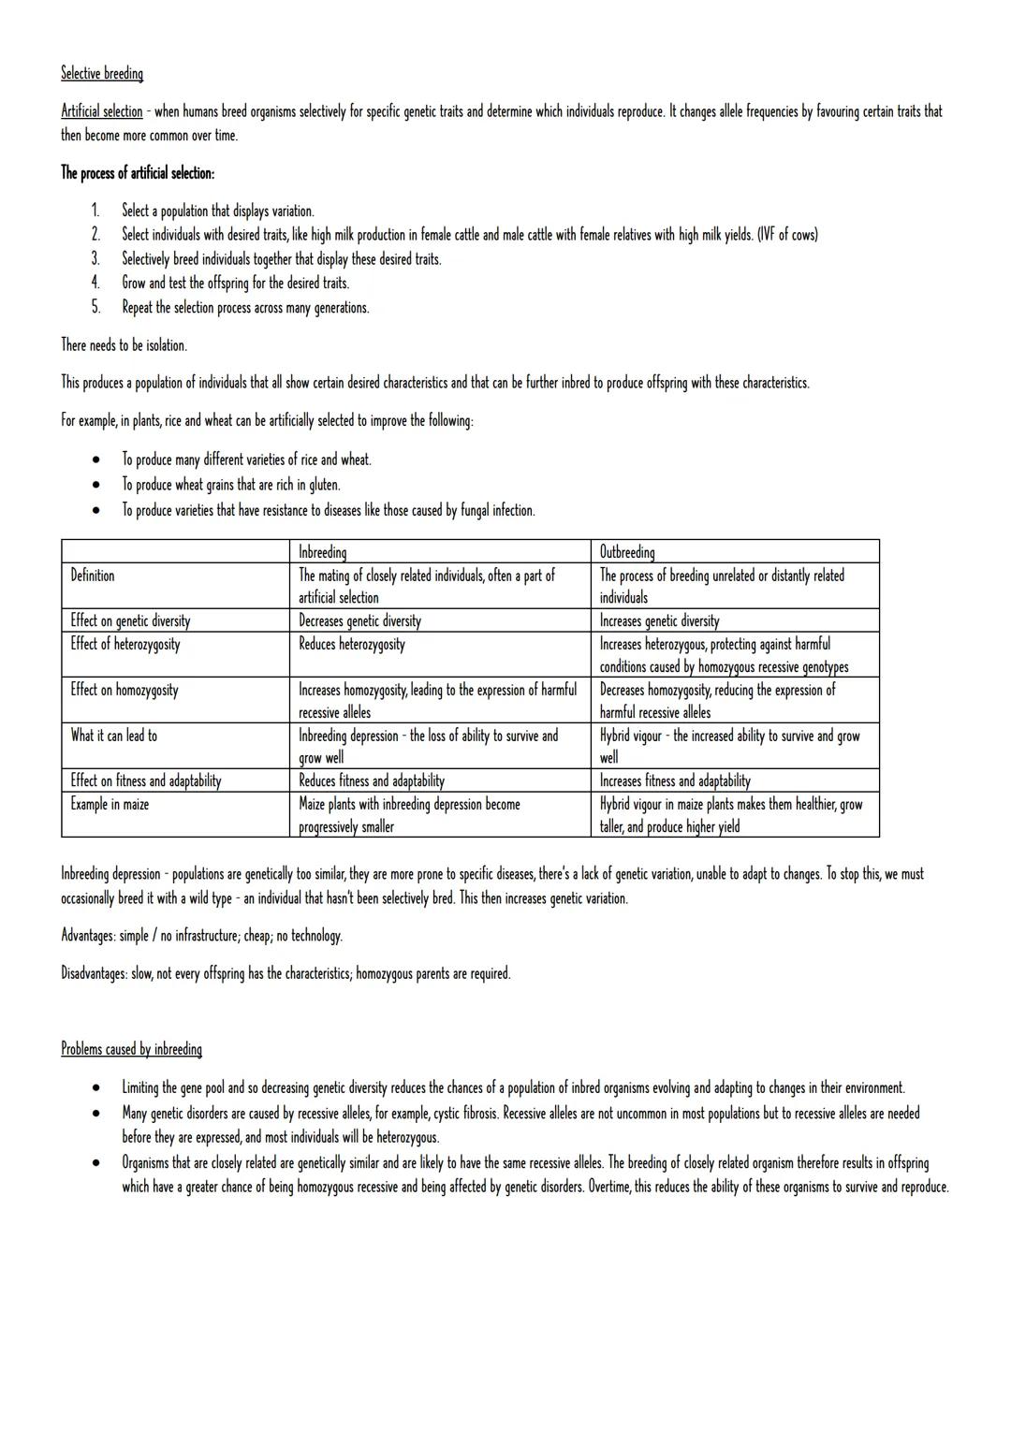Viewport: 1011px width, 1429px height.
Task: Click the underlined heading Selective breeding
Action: point(102,73)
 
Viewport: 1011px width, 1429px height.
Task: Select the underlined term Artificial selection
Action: point(102,111)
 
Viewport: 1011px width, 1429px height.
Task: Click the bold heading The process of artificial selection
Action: point(138,173)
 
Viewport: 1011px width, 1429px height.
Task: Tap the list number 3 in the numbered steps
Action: point(95,259)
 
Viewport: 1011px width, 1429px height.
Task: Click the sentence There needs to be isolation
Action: point(124,345)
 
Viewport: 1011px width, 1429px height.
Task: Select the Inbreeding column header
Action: point(322,552)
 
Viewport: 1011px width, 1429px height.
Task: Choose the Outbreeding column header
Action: point(627,552)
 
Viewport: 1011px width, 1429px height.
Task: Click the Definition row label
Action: point(93,576)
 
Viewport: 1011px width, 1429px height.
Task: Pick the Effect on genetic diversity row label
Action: point(130,620)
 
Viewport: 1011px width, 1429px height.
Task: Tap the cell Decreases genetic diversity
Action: point(359,620)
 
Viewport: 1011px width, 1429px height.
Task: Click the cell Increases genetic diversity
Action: point(659,620)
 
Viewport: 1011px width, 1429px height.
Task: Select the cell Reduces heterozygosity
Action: point(352,644)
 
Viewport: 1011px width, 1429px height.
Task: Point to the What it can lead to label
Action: point(114,736)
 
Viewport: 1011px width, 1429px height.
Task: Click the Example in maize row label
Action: point(110,804)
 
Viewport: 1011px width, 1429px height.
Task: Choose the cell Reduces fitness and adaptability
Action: point(372,780)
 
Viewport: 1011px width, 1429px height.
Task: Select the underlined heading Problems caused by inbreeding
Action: point(131,1049)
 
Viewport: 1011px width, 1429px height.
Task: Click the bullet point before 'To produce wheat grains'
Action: point(95,486)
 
